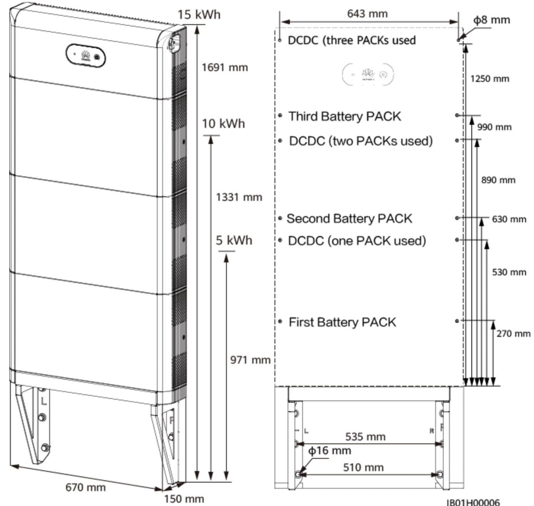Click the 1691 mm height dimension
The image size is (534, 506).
[x=225, y=68]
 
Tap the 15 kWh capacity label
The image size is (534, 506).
[x=199, y=15]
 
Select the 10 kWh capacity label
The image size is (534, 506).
[x=223, y=124]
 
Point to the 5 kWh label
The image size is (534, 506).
[x=234, y=240]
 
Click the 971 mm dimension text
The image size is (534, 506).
[x=250, y=360]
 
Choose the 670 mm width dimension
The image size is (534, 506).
[x=85, y=488]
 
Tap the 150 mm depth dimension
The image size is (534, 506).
[x=184, y=499]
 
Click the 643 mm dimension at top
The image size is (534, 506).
[x=367, y=14]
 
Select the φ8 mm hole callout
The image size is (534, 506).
[x=491, y=20]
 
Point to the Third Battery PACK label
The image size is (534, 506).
[x=344, y=116]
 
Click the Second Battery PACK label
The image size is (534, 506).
[x=349, y=219]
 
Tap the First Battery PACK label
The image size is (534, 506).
[x=342, y=322]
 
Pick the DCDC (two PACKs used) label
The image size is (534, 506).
[x=361, y=141]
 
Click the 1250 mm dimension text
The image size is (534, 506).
[x=490, y=79]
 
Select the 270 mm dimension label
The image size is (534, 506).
[x=513, y=334]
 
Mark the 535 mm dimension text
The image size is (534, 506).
[x=365, y=437]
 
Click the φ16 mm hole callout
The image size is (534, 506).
[x=329, y=450]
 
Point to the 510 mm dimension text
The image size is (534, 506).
[x=363, y=468]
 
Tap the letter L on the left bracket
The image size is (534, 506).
[x=44, y=402]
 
